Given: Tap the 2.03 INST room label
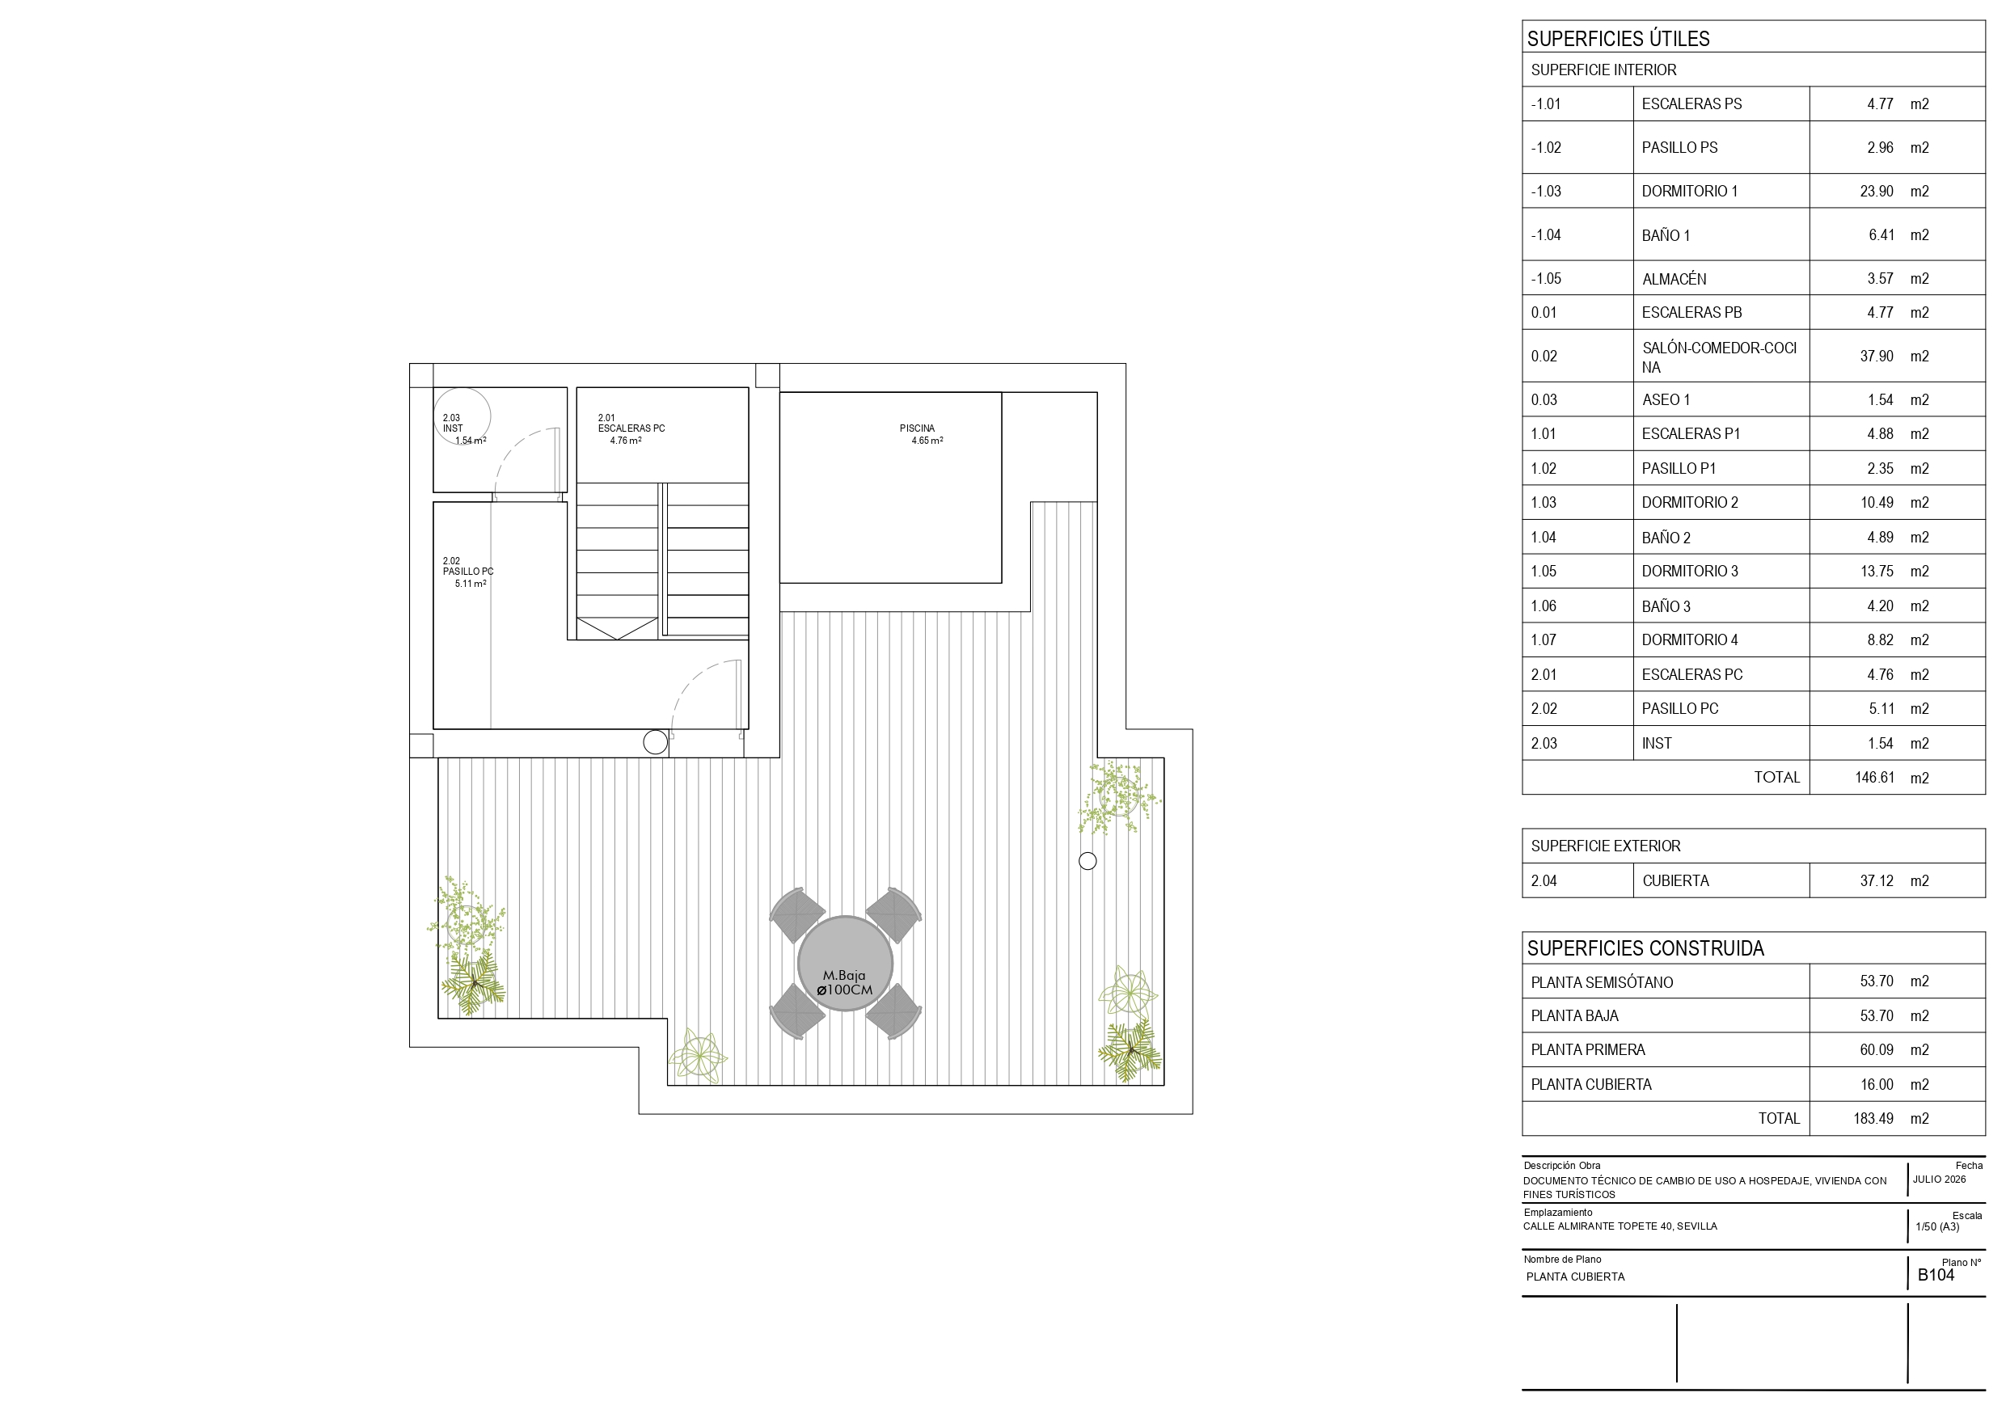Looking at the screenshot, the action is pos(463,429).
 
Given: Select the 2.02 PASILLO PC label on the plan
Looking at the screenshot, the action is pos(467,572).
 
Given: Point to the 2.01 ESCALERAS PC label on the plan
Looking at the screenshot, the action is pos(631,429).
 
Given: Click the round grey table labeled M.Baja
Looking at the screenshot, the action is pos(845,963).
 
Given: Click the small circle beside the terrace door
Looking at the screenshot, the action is pos(655,743).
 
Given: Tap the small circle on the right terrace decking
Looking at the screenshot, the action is pos(1087,862).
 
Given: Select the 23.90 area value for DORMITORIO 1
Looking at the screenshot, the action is pos(1877,192).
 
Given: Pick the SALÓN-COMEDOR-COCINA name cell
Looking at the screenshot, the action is pos(1718,357).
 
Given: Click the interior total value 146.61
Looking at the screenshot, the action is pos(1875,778).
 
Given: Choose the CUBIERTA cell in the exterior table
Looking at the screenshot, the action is pos(1674,880).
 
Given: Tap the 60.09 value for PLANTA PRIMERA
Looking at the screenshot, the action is pos(1877,1050).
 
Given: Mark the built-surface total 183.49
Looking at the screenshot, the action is pos(1873,1118).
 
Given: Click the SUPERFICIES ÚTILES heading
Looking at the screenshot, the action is pos(1618,39).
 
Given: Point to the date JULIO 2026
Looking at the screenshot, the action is pos(1939,1180).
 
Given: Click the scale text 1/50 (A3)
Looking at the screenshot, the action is pos(1937,1226).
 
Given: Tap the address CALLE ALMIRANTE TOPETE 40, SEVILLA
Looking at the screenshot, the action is pos(1620,1226).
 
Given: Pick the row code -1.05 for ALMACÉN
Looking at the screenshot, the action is pos(1546,279).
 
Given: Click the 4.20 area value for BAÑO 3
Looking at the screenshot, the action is pos(1880,606).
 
